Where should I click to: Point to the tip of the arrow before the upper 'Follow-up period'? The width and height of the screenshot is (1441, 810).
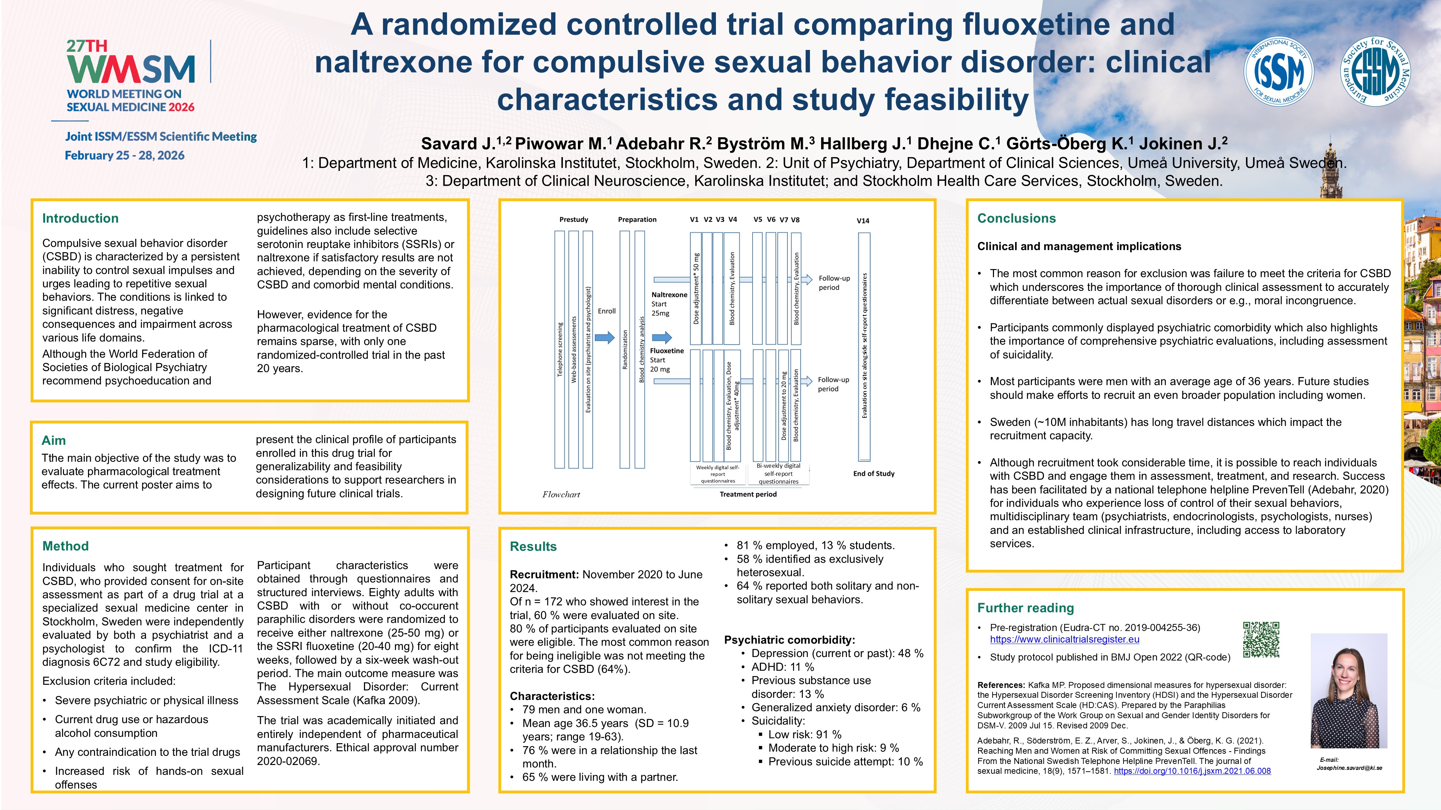tap(813, 279)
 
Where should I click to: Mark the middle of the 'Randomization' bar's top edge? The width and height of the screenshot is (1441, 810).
tap(625, 231)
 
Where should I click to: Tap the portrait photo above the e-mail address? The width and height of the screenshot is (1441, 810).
tap(1349, 691)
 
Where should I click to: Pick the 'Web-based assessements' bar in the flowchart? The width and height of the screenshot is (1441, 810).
tap(573, 349)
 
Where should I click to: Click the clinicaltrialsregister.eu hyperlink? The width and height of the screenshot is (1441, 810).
tap(1064, 639)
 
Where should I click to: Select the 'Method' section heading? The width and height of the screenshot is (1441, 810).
tap(65, 546)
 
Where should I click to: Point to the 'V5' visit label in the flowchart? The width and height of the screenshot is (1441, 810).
tap(757, 220)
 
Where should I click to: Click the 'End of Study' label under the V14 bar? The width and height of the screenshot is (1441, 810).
tap(874, 473)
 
